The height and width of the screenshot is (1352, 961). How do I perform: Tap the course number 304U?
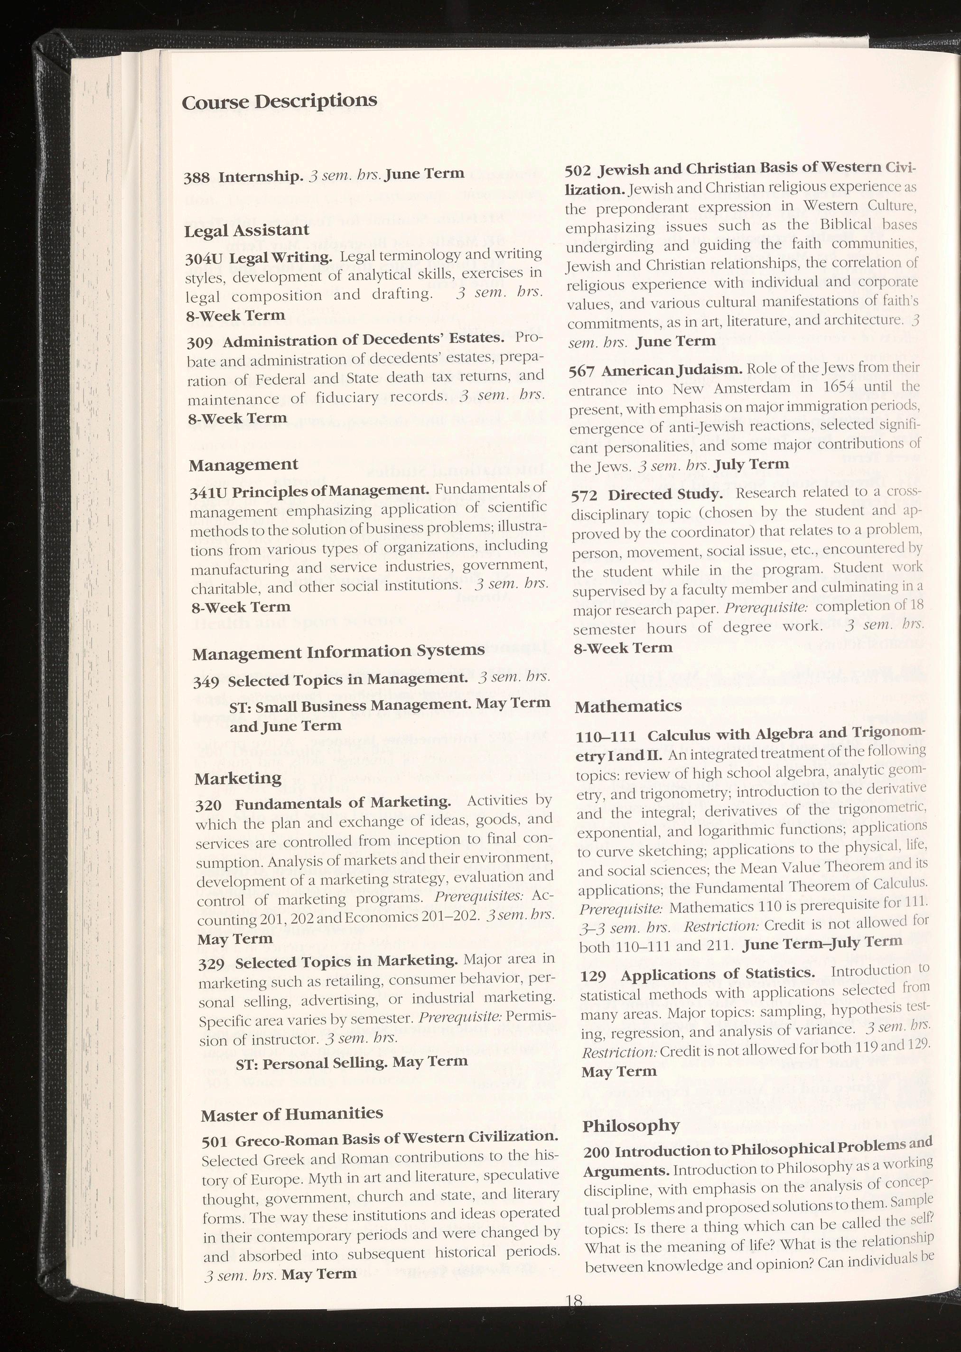coord(203,259)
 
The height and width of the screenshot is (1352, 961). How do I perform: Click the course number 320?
coord(208,805)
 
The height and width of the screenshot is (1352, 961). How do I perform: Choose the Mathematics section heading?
coord(628,706)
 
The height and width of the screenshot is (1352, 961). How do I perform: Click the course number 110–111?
coord(606,737)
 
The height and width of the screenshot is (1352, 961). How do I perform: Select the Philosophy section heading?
coord(630,1126)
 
